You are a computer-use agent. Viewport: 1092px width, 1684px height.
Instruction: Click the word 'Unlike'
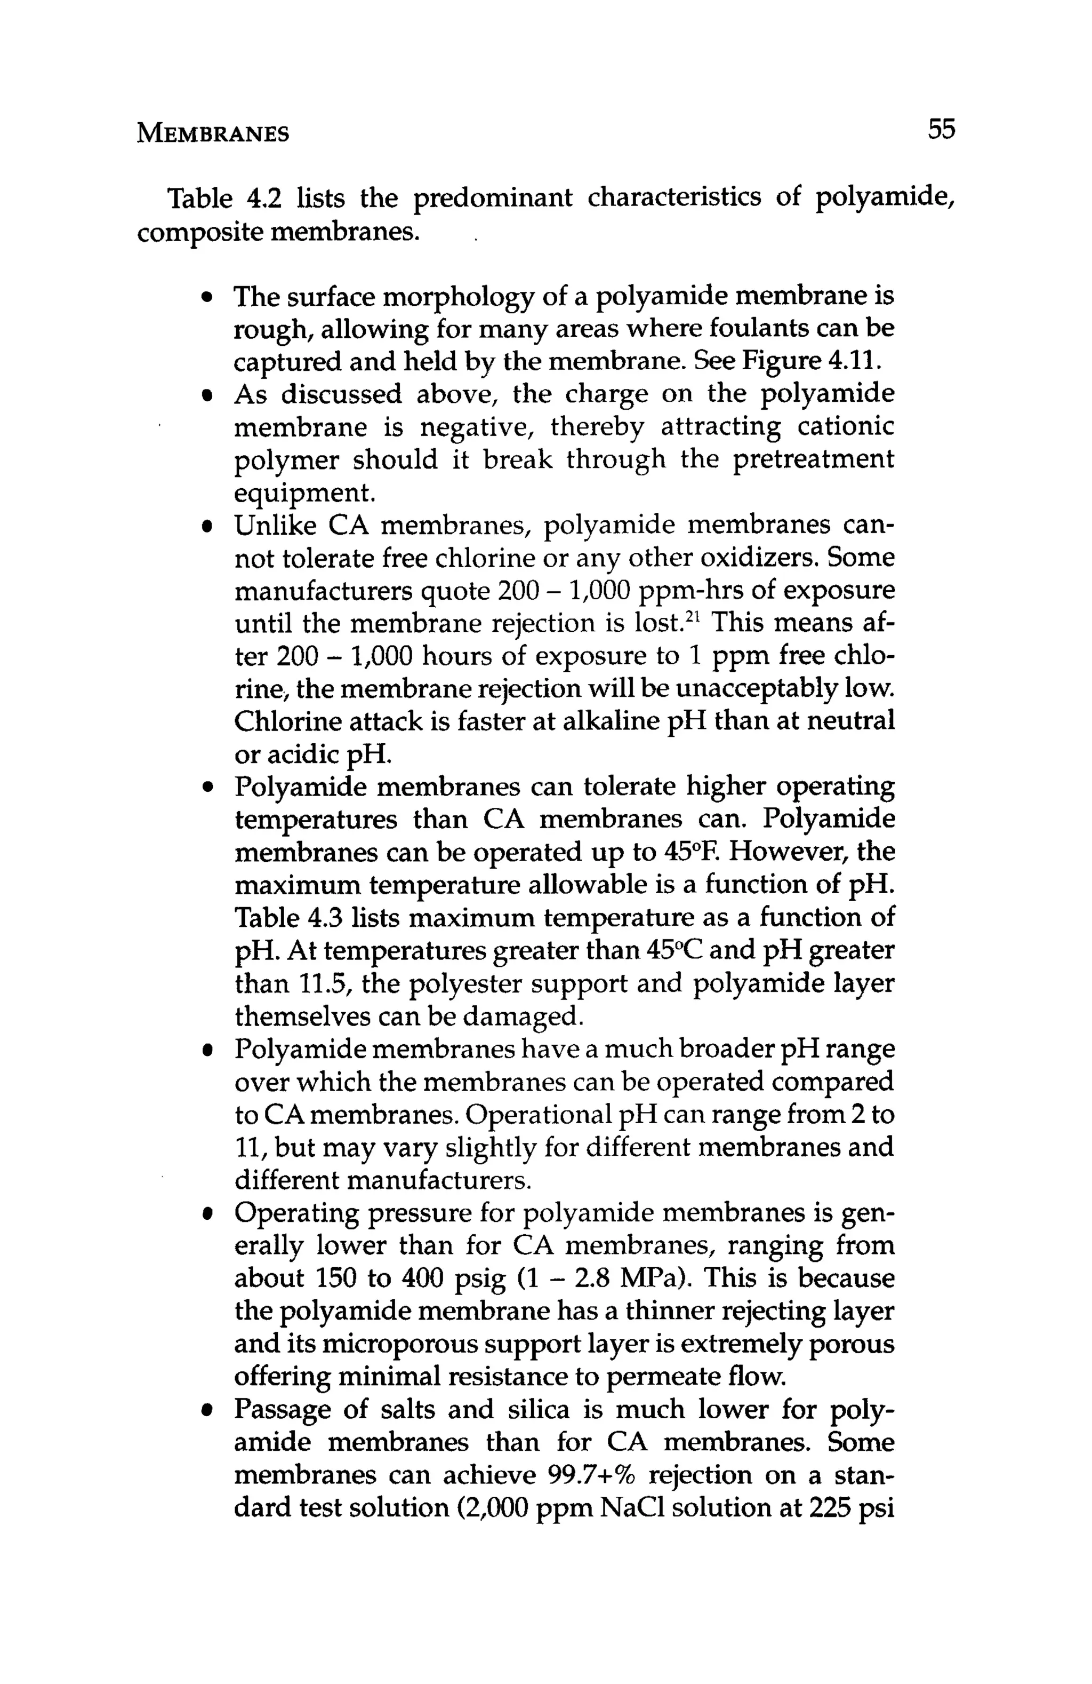[272, 525]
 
